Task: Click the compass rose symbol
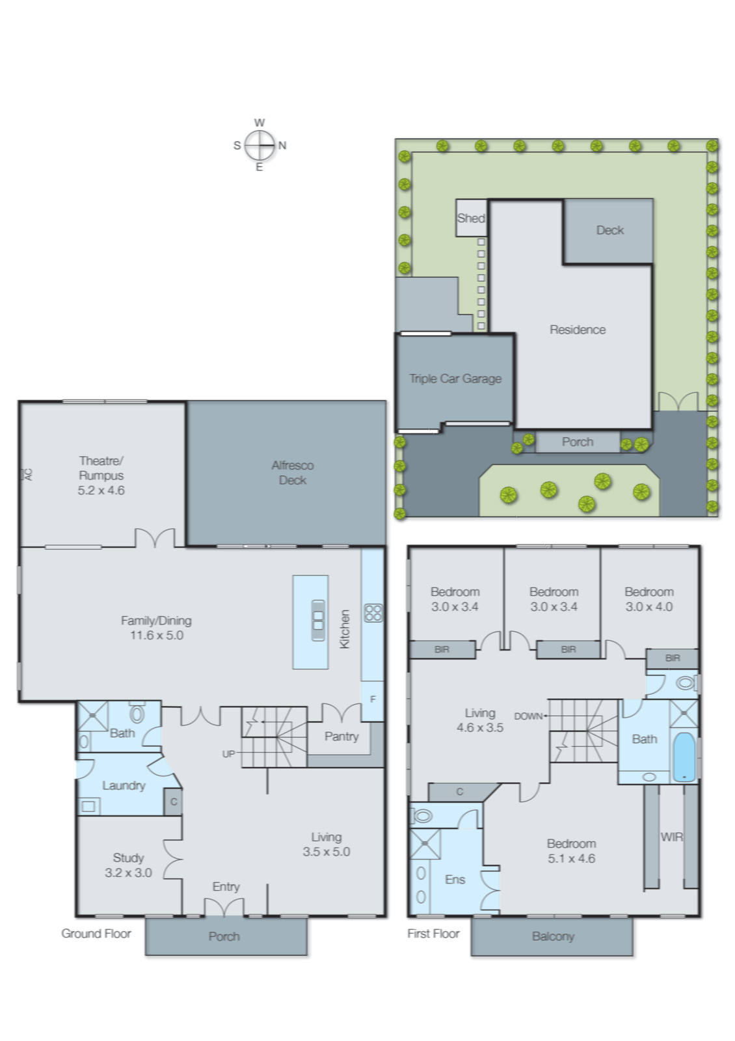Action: pyautogui.click(x=260, y=145)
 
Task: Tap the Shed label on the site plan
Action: pyautogui.click(x=470, y=218)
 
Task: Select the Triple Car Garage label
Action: pyautogui.click(x=455, y=379)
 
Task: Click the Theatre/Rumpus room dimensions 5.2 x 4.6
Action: pyautogui.click(x=101, y=491)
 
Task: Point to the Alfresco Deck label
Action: pyautogui.click(x=292, y=472)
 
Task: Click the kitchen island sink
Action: pyautogui.click(x=317, y=620)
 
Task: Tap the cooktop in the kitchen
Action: pyautogui.click(x=373, y=612)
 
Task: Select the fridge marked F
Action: pyautogui.click(x=373, y=699)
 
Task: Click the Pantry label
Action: pyautogui.click(x=341, y=737)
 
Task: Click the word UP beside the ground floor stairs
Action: pyautogui.click(x=228, y=754)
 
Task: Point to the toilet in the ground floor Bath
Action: pyautogui.click(x=137, y=713)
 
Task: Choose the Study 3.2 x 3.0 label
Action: pyautogui.click(x=128, y=865)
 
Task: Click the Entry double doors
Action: pyautogui.click(x=224, y=907)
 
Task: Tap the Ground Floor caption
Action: pyautogui.click(x=96, y=934)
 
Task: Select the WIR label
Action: pyautogui.click(x=671, y=837)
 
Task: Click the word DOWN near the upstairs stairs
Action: pyautogui.click(x=528, y=716)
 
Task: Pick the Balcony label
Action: pyautogui.click(x=553, y=936)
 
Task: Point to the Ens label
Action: pyautogui.click(x=455, y=880)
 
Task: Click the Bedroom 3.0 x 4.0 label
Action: pyautogui.click(x=648, y=599)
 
